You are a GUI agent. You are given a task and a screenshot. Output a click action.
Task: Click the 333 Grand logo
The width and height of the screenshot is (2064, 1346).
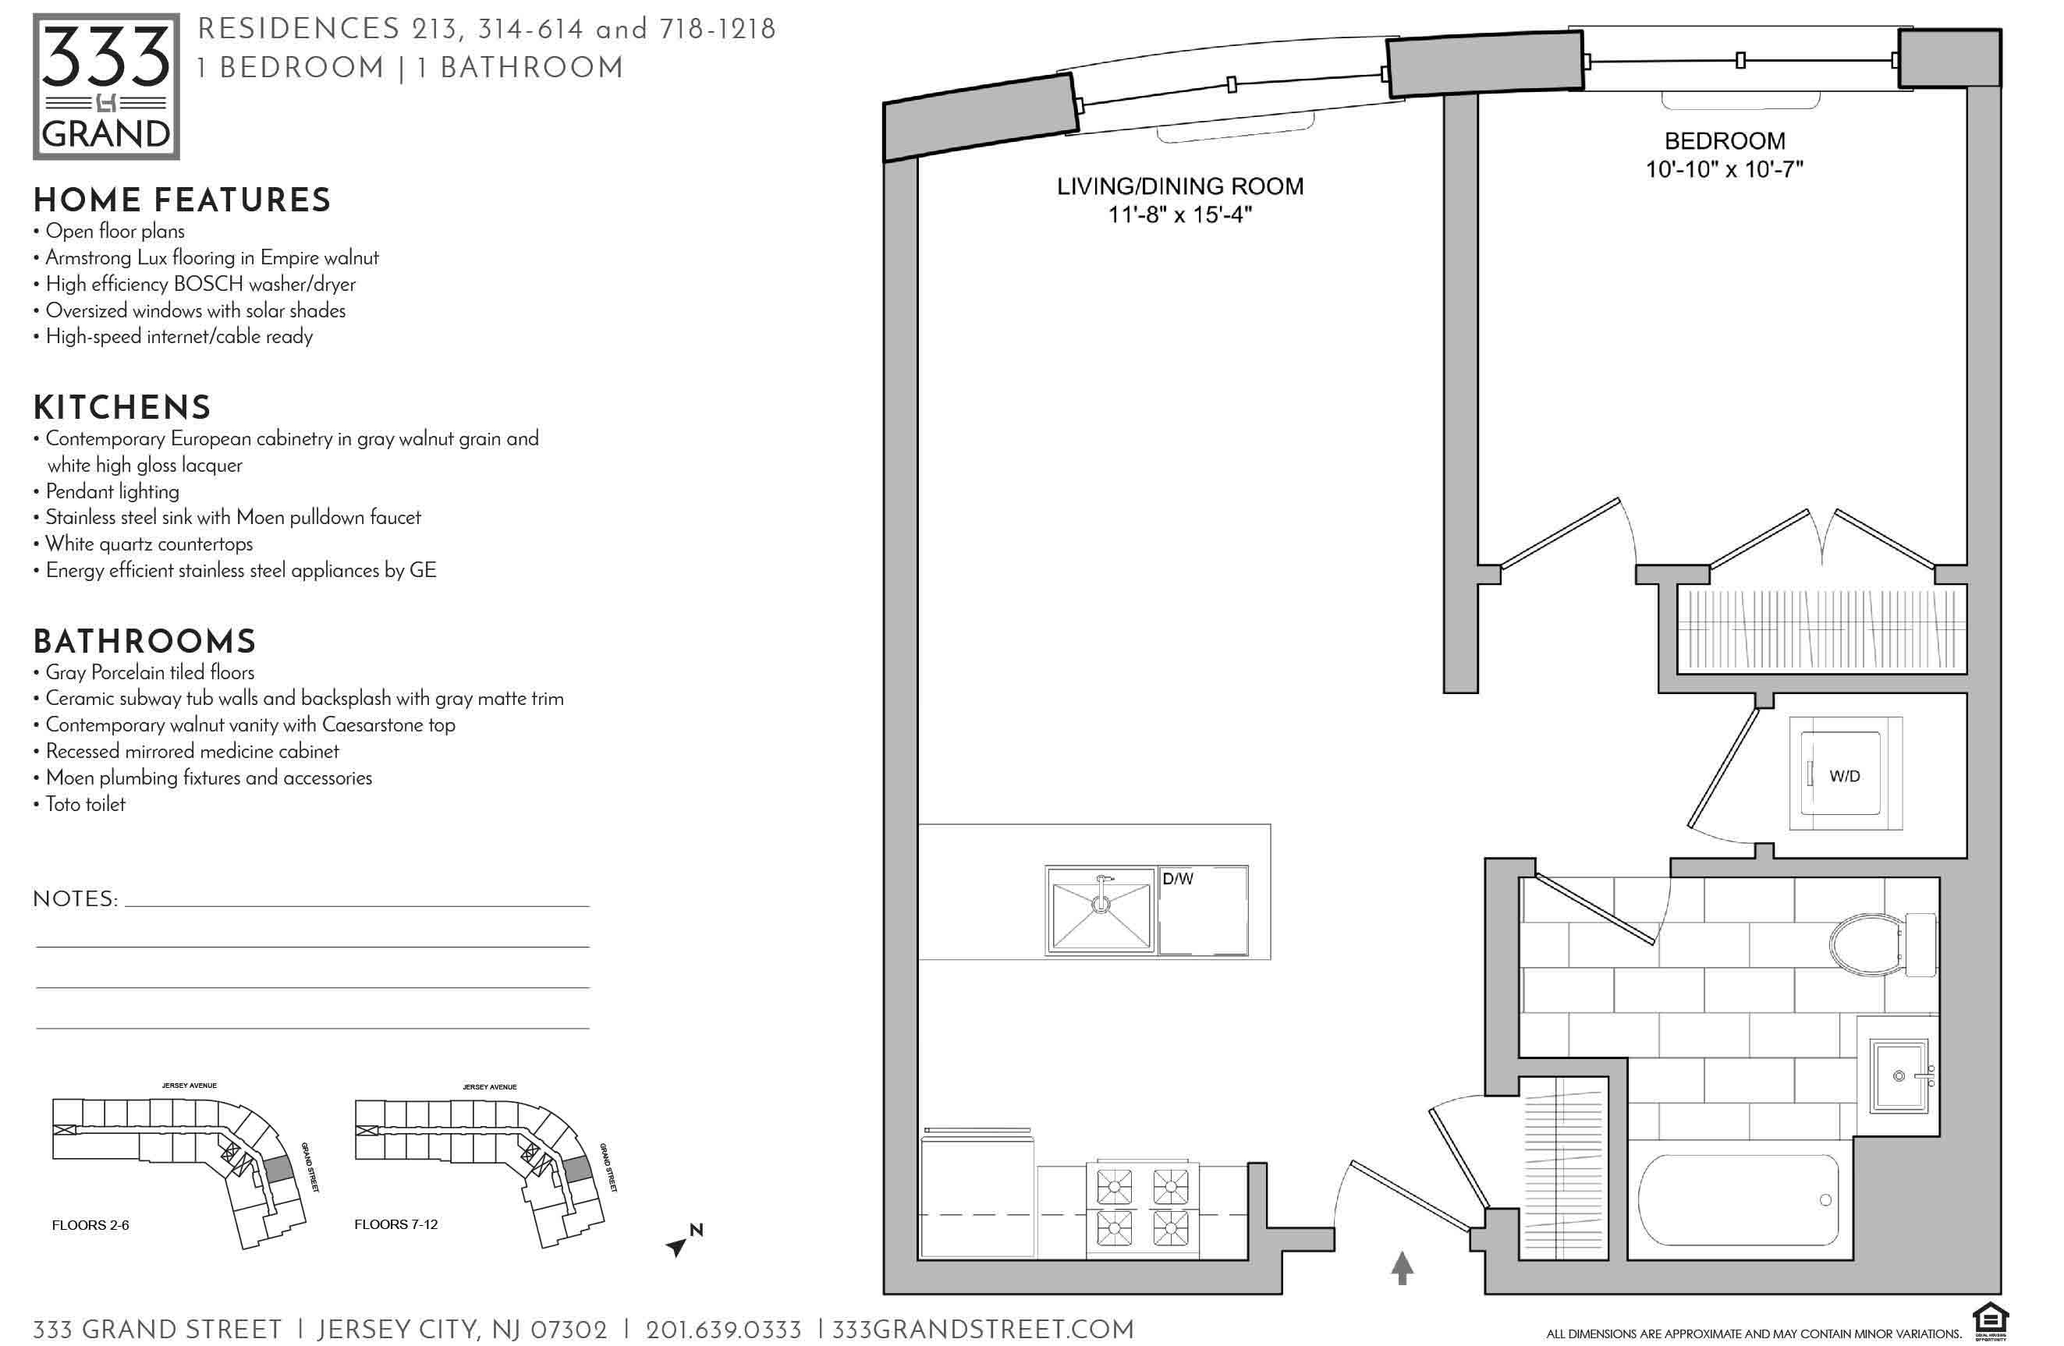(x=106, y=87)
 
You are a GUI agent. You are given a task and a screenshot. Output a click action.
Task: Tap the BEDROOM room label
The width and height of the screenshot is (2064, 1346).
(x=1724, y=140)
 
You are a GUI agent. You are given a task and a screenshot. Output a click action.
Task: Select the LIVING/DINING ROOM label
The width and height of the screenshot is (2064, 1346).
(x=1179, y=186)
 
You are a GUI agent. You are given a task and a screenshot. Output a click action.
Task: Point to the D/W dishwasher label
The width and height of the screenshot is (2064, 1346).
(x=1178, y=879)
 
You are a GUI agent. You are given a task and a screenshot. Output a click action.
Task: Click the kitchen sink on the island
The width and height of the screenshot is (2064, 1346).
(x=1101, y=910)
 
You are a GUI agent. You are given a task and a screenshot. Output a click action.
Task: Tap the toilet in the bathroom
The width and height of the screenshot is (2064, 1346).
(x=1883, y=944)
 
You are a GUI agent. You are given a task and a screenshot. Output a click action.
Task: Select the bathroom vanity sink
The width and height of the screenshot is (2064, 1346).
(x=1900, y=1076)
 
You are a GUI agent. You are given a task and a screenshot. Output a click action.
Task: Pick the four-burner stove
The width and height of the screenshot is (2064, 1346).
(x=1142, y=1206)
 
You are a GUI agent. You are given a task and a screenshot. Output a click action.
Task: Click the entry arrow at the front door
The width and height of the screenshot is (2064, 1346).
(x=1403, y=1267)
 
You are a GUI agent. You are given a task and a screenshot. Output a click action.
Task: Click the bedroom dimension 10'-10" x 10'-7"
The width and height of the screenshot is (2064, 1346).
(x=1724, y=169)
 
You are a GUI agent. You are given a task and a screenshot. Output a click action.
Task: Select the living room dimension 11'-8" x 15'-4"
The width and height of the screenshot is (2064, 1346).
(x=1179, y=214)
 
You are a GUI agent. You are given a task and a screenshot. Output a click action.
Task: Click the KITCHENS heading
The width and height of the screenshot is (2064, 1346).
(x=122, y=408)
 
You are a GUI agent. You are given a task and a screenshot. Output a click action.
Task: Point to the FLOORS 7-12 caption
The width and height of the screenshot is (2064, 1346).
(x=395, y=1224)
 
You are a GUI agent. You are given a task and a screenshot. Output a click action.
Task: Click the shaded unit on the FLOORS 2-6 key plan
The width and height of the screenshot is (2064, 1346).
(x=278, y=1167)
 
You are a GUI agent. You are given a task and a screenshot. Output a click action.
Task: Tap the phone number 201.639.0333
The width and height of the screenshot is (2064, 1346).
(x=723, y=1330)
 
